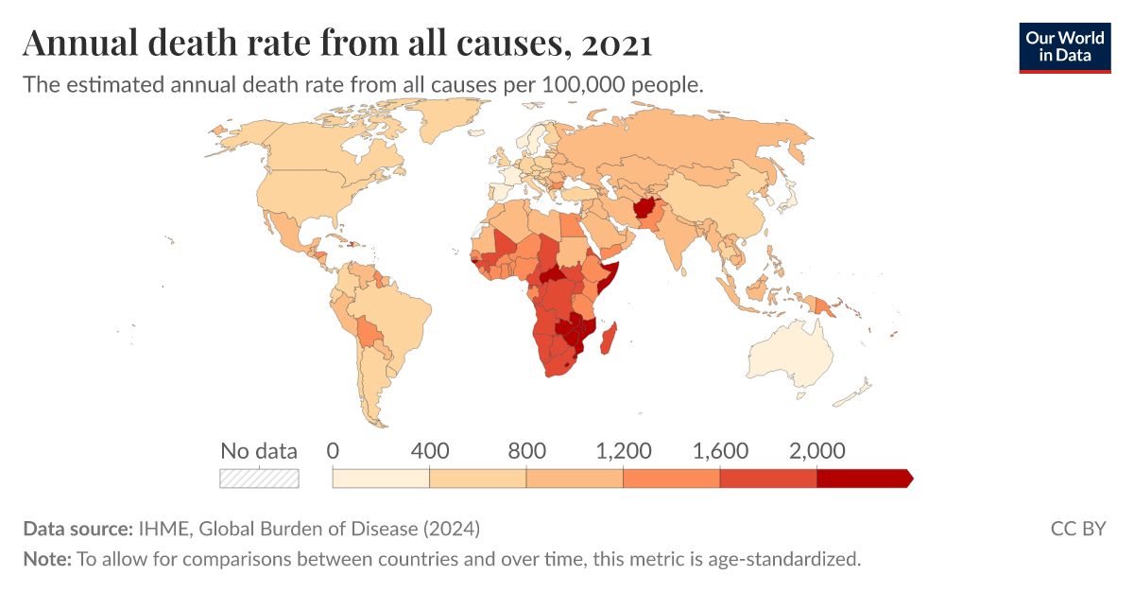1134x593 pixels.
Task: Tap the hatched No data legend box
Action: [259, 479]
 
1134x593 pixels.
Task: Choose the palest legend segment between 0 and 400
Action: [381, 479]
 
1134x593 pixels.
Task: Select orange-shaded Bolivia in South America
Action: [369, 331]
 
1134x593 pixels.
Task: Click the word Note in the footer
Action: [46, 559]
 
